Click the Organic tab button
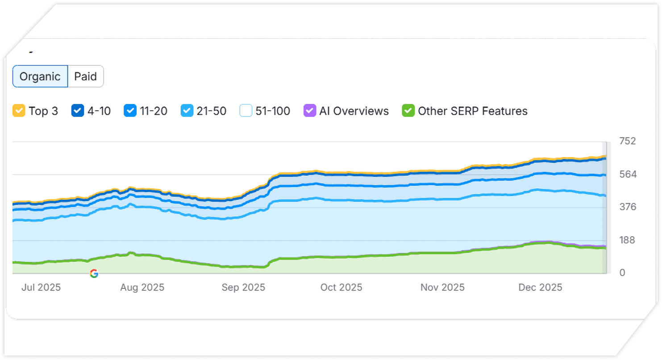[x=40, y=76]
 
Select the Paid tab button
[x=85, y=76]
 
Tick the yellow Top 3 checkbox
[x=19, y=111]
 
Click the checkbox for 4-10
[x=78, y=111]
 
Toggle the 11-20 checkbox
[x=130, y=111]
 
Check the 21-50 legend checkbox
[x=187, y=111]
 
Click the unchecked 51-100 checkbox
[x=246, y=111]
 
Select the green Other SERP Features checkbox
[x=408, y=111]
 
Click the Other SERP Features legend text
[x=473, y=111]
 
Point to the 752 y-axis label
[x=627, y=141]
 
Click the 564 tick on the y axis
[x=627, y=174]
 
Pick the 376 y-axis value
[x=627, y=207]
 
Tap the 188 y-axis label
[x=627, y=240]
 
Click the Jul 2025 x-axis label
[x=41, y=287]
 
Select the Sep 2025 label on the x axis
[x=243, y=287]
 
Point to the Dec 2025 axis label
[x=540, y=287]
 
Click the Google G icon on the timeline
[x=94, y=273]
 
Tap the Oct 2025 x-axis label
[x=341, y=287]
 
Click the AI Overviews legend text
[x=354, y=111]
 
